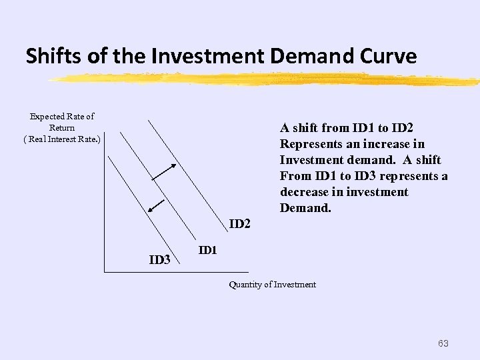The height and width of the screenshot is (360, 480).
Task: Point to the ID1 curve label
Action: point(208,250)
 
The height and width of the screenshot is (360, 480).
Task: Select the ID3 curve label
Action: point(159,260)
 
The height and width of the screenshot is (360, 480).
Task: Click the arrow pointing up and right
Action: point(164,171)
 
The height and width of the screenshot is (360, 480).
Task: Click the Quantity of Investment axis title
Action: point(272,285)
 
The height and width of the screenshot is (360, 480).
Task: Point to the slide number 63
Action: point(443,343)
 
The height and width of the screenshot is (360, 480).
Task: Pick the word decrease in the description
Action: point(304,192)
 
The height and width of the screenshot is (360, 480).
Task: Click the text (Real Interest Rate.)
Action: point(62,139)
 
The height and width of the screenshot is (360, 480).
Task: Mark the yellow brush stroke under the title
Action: point(267,79)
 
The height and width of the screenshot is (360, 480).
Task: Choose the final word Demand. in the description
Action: point(305,208)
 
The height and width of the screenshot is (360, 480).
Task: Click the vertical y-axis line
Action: point(104,200)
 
